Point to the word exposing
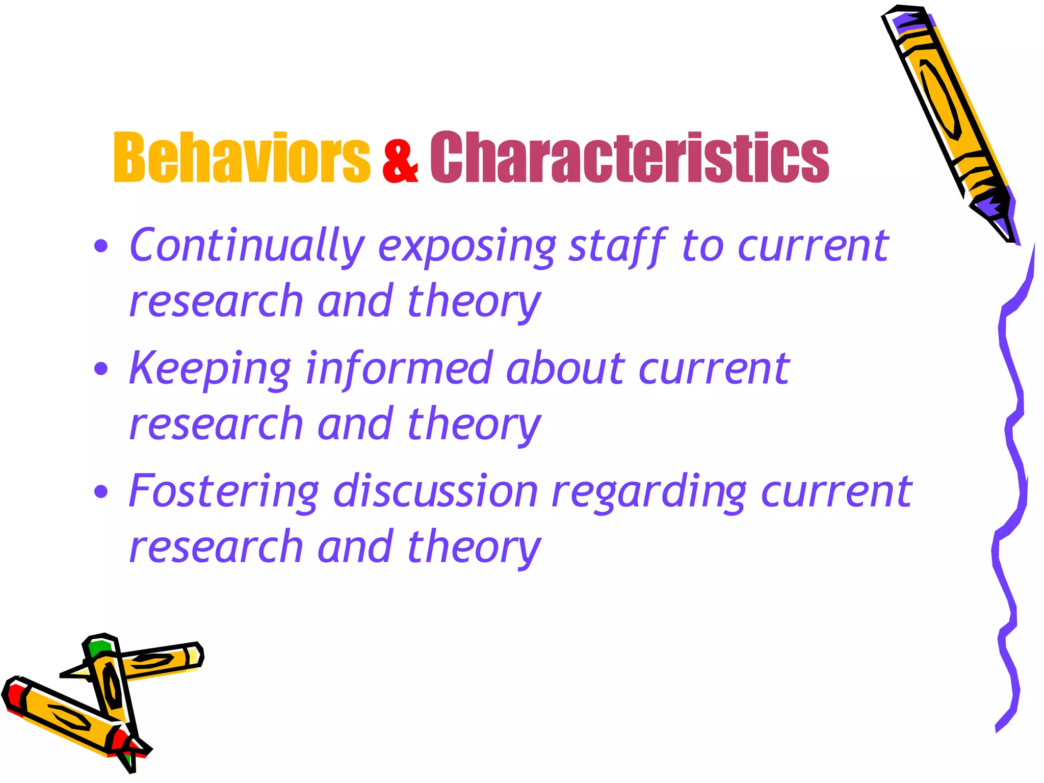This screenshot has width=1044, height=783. (466, 248)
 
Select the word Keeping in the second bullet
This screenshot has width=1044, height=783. (210, 369)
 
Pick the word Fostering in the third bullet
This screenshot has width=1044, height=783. (224, 491)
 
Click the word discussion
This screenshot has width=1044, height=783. (436, 491)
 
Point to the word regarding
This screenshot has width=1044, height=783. (649, 492)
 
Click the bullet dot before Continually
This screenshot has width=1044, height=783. (101, 246)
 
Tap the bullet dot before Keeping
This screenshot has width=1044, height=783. (101, 368)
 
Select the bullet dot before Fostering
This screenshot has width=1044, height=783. (101, 491)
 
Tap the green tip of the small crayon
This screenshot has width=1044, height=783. (98, 649)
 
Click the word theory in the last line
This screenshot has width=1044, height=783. (474, 547)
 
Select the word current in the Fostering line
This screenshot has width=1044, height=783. (836, 491)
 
